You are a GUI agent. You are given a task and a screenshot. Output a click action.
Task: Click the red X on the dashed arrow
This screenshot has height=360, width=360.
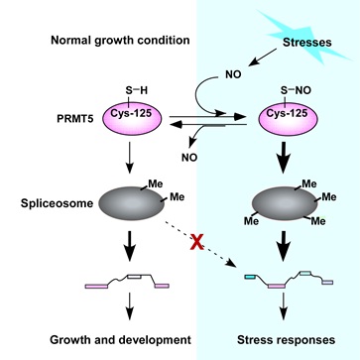tap(197, 242)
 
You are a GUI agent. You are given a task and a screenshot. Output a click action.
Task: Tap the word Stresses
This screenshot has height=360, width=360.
tap(307, 43)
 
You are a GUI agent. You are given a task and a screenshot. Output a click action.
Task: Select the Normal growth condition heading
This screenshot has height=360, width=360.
tap(120, 41)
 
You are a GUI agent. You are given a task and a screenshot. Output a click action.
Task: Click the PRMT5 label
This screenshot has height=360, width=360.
tap(73, 118)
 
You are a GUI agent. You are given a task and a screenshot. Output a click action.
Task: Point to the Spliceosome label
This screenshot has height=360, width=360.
tap(57, 203)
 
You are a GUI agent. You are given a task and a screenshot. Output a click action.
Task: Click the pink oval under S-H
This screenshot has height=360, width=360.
tap(133, 117)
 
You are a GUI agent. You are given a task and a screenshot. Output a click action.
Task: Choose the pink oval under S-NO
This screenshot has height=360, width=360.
tap(287, 117)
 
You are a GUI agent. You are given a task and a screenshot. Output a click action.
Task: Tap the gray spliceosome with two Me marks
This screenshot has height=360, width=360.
tap(132, 203)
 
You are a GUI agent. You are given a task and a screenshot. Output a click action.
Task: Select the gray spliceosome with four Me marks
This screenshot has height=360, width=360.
tap(285, 203)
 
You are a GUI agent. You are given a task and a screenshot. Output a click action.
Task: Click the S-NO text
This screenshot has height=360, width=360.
tap(296, 90)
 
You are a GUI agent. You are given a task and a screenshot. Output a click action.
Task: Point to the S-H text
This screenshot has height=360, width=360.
tap(136, 90)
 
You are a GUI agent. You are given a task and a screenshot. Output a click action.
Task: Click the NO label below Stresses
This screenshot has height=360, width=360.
tap(233, 74)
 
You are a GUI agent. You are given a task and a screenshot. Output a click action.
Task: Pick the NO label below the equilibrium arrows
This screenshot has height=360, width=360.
tap(189, 158)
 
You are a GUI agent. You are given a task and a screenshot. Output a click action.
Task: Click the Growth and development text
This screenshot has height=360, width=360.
tap(120, 339)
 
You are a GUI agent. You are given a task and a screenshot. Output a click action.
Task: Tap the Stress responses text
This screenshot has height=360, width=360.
tap(287, 339)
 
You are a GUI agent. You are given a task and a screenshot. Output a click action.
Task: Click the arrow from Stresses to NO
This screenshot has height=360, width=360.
tap(263, 56)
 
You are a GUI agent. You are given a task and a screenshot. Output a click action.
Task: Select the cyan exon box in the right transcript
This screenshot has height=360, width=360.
tap(250, 277)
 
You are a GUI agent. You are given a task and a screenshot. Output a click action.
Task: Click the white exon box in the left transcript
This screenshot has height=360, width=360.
tap(135, 277)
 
